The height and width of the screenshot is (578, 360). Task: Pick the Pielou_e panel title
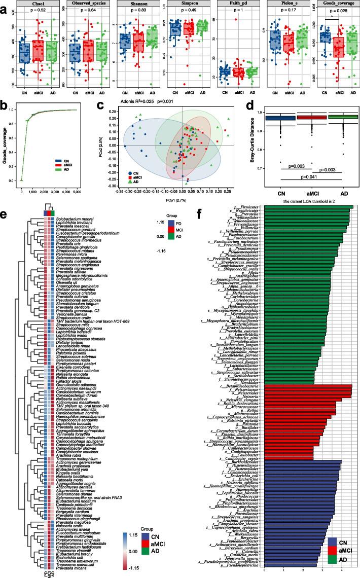tap(287, 4)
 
